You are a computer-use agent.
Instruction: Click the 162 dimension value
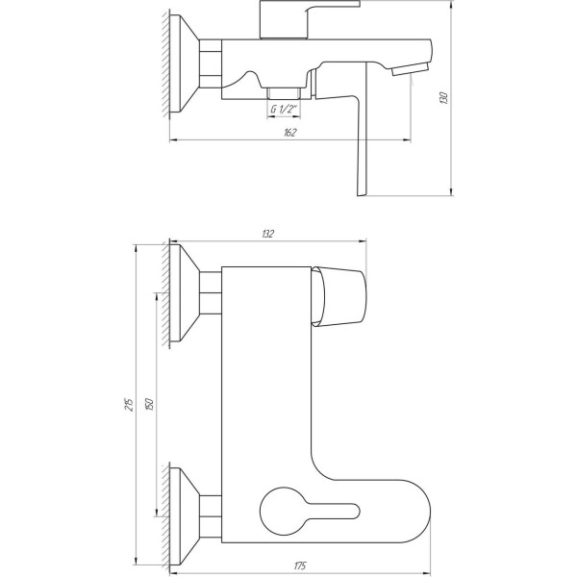tap(288, 132)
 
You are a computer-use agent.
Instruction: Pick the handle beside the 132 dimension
tap(343, 294)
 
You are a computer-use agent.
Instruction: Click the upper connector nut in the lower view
tap(210, 289)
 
